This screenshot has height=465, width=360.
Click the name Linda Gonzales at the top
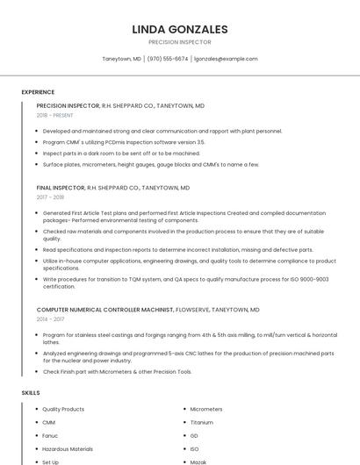179,29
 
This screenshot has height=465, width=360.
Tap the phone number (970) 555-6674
167,59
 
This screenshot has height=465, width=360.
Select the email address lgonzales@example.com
226,59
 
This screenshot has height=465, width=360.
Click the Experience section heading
38,92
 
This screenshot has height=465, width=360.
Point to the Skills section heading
31,392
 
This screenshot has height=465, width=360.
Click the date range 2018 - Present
55,115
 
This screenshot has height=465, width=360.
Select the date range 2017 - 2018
50,197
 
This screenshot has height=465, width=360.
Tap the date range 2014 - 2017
50,319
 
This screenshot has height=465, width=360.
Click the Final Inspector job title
61,188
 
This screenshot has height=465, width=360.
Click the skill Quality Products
63,409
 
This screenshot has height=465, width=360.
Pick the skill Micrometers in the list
206,409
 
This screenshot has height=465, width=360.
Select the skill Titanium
201,422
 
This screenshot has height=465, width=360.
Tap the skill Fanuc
50,435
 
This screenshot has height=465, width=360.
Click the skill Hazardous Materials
68,448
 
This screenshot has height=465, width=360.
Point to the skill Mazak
198,461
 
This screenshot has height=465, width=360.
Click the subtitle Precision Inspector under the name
179,41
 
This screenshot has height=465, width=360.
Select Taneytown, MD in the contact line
121,59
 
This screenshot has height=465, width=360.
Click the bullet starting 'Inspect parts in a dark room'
121,153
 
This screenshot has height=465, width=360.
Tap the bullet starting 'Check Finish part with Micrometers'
117,371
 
